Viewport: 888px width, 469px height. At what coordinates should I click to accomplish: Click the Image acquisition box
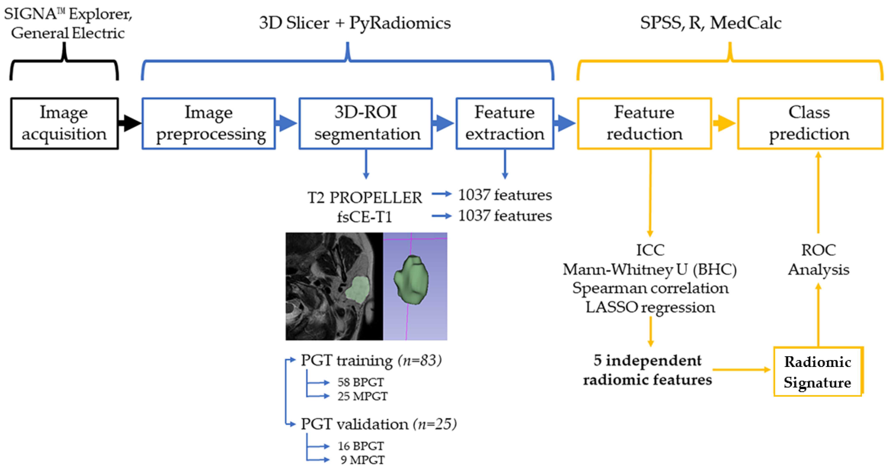click(x=64, y=124)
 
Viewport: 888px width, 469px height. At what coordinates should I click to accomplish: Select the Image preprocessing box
click(x=208, y=124)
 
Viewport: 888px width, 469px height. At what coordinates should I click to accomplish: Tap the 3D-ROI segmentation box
click(x=365, y=124)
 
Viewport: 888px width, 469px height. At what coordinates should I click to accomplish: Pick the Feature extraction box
click(x=505, y=124)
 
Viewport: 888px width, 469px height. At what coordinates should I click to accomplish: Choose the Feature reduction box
click(x=644, y=124)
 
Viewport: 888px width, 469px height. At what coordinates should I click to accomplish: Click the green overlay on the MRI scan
click(x=358, y=290)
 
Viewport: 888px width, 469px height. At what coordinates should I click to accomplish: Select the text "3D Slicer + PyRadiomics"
click(x=355, y=23)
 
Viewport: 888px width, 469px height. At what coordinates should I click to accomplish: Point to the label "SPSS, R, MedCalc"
click(x=711, y=23)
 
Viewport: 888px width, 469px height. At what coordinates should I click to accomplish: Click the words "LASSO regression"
click(x=650, y=307)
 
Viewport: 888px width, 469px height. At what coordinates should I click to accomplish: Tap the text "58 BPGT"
click(x=360, y=382)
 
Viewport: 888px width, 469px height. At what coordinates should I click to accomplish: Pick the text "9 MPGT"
click(x=362, y=460)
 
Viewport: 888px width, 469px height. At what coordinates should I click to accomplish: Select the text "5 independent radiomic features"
click(x=647, y=370)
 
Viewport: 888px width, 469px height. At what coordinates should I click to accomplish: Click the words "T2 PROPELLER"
click(x=364, y=198)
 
